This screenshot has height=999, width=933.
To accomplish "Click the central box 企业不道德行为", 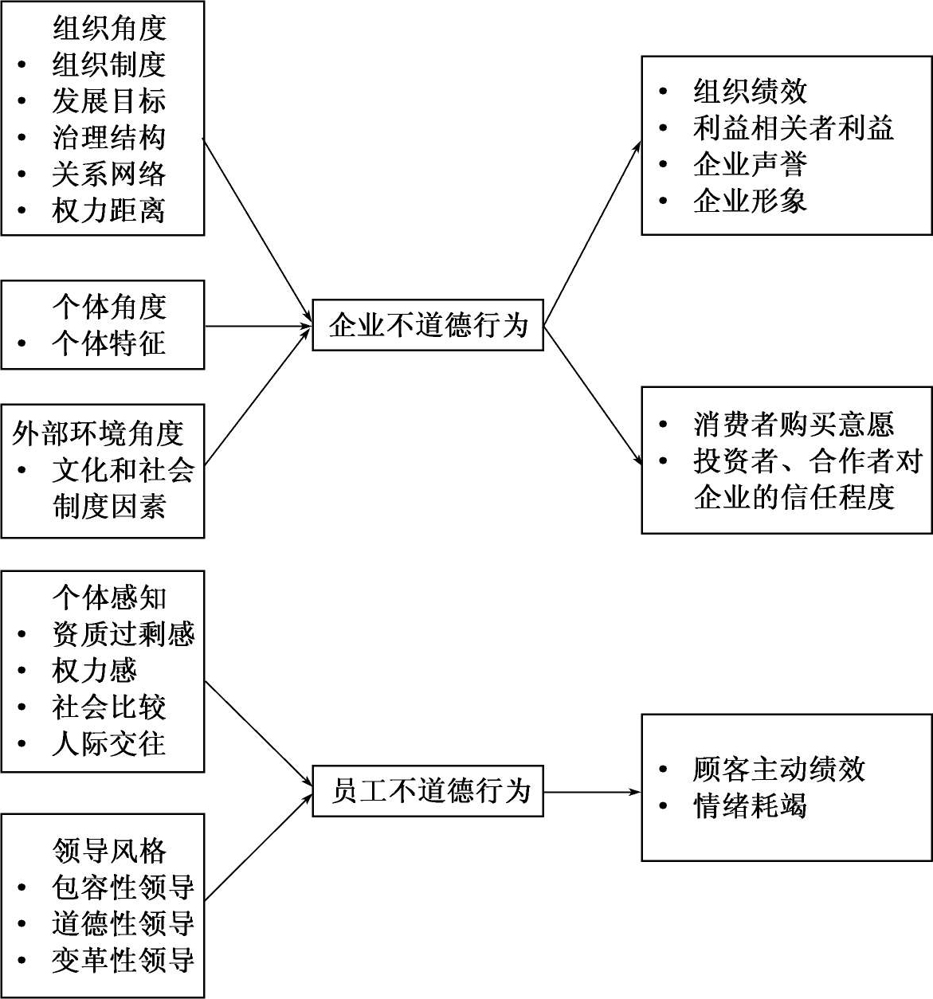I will click(428, 325).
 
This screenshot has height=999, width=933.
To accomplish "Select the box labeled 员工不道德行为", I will click(428, 791).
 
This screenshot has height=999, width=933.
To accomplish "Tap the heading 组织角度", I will click(109, 28).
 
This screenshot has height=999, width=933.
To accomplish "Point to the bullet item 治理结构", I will click(109, 138).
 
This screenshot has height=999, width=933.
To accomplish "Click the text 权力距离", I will click(109, 211).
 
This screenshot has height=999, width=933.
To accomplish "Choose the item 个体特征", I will click(109, 343).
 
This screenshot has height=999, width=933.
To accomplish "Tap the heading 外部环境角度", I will click(98, 434).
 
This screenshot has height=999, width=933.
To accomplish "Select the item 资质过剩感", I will click(123, 634).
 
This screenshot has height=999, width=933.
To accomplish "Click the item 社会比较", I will click(109, 707).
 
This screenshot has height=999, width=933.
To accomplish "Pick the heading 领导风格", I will click(109, 851).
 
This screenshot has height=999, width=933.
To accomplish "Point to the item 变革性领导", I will click(123, 960).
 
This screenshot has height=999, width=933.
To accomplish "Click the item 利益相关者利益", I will click(794, 128).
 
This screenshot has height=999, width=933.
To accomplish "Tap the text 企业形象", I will click(750, 201).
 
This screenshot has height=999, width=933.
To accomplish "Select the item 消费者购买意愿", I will click(794, 425).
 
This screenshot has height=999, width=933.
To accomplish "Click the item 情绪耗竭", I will click(750, 806).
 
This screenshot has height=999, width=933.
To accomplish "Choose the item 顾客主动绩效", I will click(779, 770).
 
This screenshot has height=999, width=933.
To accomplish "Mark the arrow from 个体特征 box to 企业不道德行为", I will click(257, 326).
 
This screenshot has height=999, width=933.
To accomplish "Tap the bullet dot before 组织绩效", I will click(663, 92).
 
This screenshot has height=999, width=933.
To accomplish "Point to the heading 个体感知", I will click(109, 597).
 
